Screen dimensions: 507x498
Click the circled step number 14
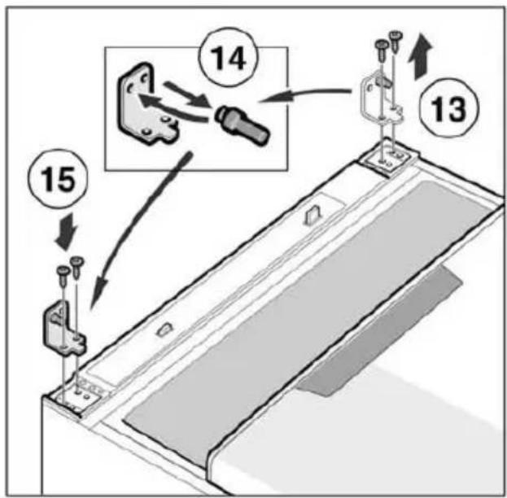(229, 59)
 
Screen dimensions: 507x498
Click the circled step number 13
(448, 108)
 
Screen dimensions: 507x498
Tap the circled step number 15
(58, 178)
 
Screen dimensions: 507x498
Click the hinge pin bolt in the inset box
(243, 126)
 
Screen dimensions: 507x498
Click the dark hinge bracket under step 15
(63, 328)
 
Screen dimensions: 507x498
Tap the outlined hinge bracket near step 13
(382, 98)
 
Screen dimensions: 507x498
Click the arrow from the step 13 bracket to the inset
(304, 95)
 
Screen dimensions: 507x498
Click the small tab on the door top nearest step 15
(165, 330)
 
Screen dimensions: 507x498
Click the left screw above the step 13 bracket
(382, 50)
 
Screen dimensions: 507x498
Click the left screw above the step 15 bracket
(63, 275)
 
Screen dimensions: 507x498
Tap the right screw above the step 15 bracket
(77, 267)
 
